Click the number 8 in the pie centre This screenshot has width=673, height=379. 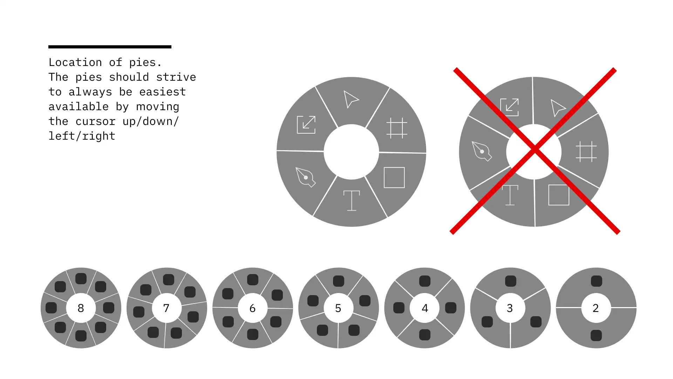pos(81,308)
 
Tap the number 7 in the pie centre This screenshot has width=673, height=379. pos(166,308)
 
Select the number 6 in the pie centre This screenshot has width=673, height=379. pos(252,308)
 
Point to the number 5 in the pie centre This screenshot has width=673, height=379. pos(338,308)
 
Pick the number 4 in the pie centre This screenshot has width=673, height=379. pos(425,308)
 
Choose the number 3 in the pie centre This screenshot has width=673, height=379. pos(510,308)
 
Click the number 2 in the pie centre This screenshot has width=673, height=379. pos(596,308)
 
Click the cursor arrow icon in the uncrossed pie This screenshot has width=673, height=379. pos(351,99)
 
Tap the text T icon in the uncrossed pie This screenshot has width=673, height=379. pos(352,200)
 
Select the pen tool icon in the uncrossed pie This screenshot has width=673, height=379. pos(305,177)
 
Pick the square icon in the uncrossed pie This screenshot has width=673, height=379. pos(394,178)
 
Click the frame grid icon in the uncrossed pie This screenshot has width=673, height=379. pos(397,128)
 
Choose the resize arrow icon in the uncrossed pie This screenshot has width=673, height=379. pos(306,125)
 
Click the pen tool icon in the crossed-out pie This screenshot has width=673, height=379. pos(482,151)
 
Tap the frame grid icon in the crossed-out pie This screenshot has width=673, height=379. pos(586,152)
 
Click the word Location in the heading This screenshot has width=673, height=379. pos(75,62)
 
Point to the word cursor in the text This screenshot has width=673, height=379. pos(95,121)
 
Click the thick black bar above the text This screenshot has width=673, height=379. pos(110,47)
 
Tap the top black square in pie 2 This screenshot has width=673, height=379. pos(596,281)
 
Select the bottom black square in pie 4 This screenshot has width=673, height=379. pos(425,335)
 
